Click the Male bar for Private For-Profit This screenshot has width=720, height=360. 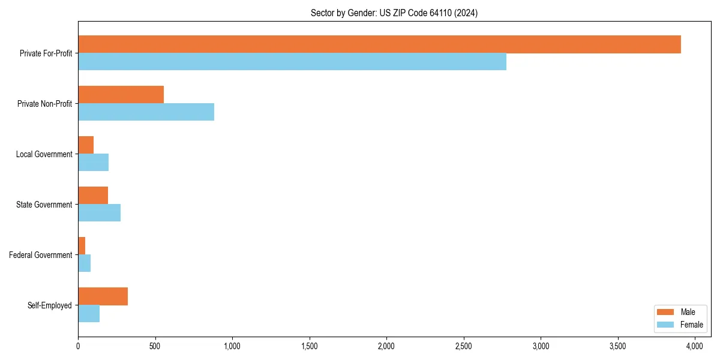tap(379, 44)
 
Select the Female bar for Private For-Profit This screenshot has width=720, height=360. tap(292, 62)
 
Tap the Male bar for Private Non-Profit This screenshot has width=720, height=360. tap(121, 95)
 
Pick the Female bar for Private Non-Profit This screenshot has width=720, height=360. tap(146, 112)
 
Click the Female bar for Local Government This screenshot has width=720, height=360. tap(93, 163)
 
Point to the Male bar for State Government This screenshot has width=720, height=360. tap(93, 196)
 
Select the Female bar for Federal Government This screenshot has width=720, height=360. tap(84, 263)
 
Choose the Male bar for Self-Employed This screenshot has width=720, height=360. tap(103, 296)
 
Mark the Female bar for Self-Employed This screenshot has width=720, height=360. tap(89, 314)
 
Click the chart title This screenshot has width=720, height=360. tap(394, 13)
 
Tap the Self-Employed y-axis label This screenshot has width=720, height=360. tap(50, 305)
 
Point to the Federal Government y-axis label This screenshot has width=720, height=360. tap(41, 255)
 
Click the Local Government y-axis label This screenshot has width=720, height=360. tap(44, 154)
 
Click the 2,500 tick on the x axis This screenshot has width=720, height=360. tap(463, 346)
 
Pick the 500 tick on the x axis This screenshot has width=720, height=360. tap(155, 346)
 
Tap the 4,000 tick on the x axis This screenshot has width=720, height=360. tap(695, 346)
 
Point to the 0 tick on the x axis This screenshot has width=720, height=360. tap(78, 346)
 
